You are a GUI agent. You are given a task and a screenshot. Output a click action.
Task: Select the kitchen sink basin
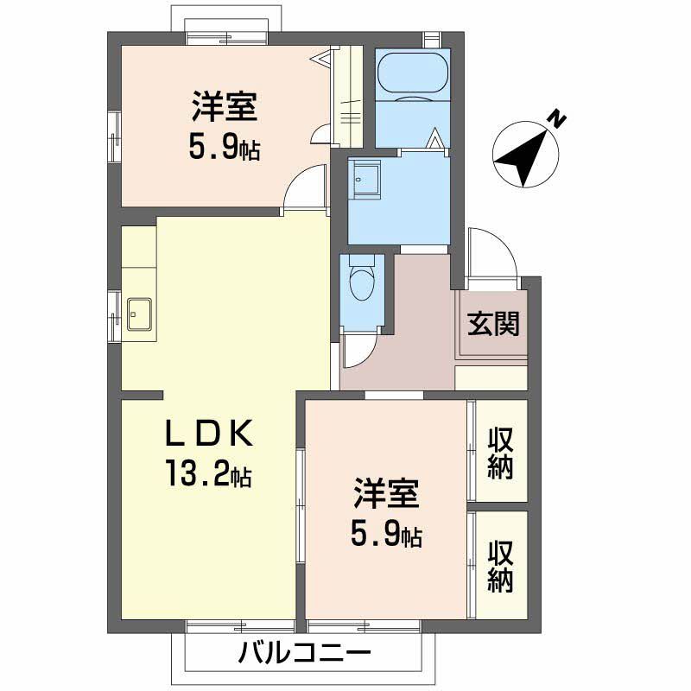pyautogui.click(x=139, y=314)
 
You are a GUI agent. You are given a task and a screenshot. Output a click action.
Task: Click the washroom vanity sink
pyautogui.click(x=364, y=180)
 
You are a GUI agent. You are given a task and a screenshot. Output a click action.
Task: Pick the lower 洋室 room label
pyautogui.click(x=385, y=497)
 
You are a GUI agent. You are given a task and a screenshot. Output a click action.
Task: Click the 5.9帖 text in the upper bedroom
pyautogui.click(x=224, y=149)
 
